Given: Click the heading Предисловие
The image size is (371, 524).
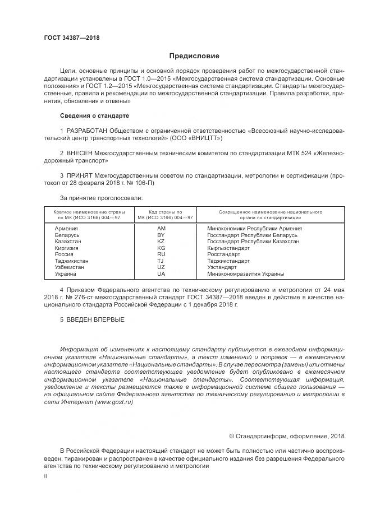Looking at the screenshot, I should coord(194,56).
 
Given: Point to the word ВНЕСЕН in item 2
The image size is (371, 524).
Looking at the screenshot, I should coord(80,152).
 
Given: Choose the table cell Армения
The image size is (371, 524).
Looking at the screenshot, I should coord(66,229).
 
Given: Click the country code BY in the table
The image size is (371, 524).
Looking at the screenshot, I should coord(161,235).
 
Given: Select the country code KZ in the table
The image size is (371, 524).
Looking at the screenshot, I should coord(161,242).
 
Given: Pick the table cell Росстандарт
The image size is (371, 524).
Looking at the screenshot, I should coord(225,254).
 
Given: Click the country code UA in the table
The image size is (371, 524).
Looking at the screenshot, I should coord(161,274).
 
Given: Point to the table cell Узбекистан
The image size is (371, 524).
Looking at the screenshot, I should coord(70,267).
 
